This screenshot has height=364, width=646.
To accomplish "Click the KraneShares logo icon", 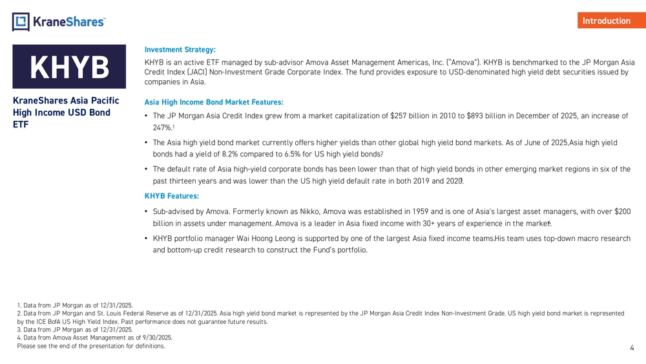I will [x=21, y=21].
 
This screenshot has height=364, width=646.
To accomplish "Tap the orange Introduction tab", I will [x=606, y=21].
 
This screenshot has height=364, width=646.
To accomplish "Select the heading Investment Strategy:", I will [x=180, y=49].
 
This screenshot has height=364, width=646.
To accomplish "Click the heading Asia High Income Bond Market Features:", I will [x=214, y=102].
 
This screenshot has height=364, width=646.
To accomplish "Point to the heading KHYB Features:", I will [x=171, y=195].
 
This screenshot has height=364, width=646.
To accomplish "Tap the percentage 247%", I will [x=161, y=128].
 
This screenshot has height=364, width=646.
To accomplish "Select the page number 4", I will [x=632, y=348].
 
